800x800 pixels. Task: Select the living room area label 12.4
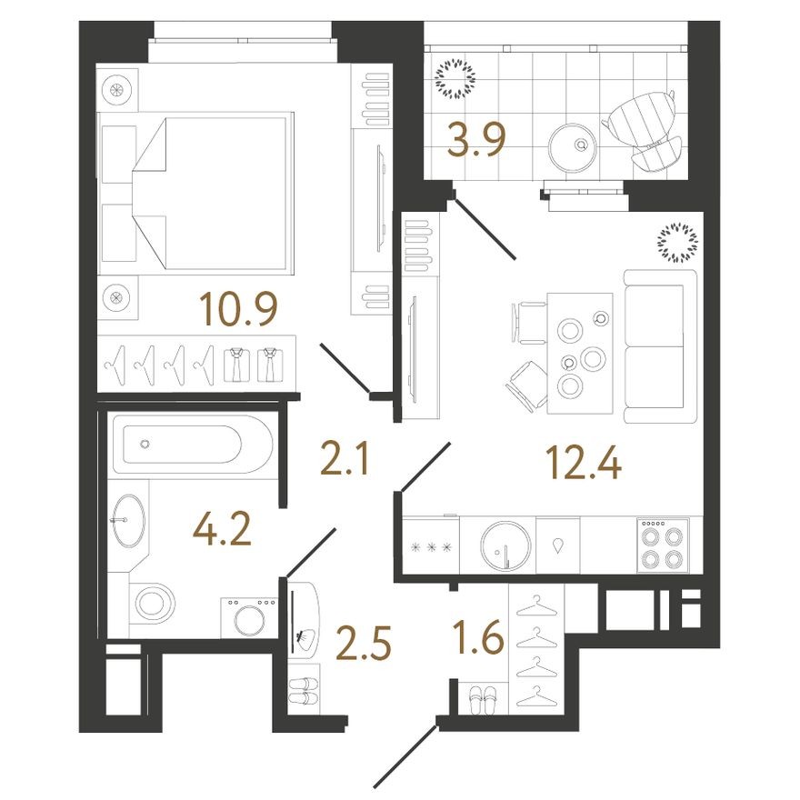(x=584, y=465)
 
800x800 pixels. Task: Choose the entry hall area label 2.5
(x=364, y=644)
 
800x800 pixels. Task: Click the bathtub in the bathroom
(x=190, y=445)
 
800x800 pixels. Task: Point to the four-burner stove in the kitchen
(x=662, y=545)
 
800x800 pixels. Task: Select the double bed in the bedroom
(x=195, y=191)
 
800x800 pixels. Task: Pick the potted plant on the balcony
(x=456, y=79)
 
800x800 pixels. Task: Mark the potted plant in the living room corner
(x=677, y=242)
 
